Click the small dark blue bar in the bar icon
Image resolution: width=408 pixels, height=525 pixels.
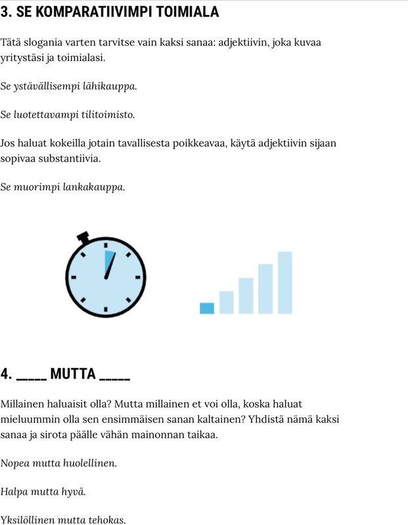coord(207,308)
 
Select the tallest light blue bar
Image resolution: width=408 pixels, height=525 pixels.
coord(284,282)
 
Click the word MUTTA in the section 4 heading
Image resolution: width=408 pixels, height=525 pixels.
coord(73,375)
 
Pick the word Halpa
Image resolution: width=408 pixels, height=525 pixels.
coord(14,492)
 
